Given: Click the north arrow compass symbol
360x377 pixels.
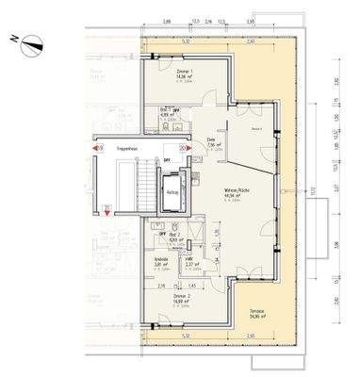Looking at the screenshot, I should point(32,39).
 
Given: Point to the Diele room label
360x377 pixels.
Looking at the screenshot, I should point(212,139).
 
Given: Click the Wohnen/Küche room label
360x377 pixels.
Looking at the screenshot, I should point(237,191).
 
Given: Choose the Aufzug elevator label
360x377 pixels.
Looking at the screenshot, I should point(172,191).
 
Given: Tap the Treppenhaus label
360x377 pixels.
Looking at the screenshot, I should point(129,148).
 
